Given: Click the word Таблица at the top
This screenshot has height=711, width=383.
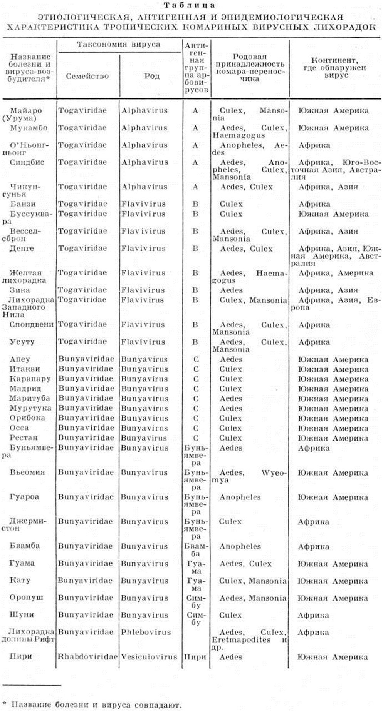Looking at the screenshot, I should (189, 5).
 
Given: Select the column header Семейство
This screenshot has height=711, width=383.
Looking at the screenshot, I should (87, 76).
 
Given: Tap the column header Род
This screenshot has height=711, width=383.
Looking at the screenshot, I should (152, 76).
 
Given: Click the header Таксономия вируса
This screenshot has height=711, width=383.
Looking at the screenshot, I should (118, 45).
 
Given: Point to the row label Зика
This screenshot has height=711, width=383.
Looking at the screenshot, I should (20, 290).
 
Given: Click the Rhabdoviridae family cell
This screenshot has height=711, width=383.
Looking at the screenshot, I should (87, 657).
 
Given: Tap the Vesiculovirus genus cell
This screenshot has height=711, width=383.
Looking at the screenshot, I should (149, 657).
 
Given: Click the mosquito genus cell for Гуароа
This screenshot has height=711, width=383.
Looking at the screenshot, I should (240, 497).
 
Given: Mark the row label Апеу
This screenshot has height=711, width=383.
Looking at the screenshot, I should (20, 359).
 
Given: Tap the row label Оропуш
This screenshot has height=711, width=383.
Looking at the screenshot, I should (26, 598).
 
